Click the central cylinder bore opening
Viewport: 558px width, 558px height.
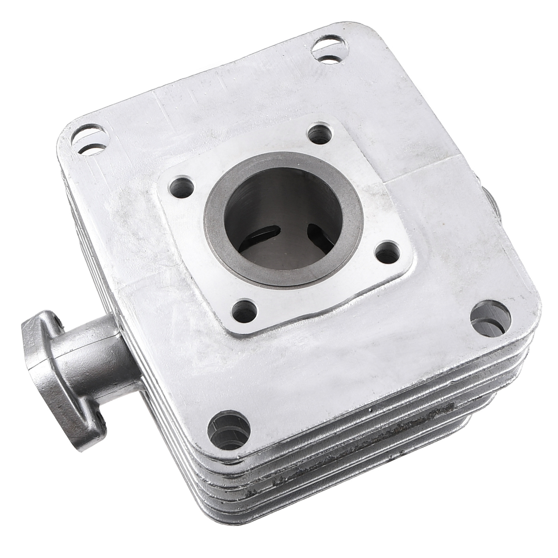point(283,217)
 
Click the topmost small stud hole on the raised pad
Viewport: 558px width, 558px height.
point(320,134)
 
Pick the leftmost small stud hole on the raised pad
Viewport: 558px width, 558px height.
point(181,187)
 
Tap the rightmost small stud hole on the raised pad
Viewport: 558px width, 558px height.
point(387,252)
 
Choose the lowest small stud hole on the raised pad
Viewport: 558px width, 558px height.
point(244,311)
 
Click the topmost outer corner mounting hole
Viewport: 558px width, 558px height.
point(330,50)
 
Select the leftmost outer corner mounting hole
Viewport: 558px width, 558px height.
point(90,139)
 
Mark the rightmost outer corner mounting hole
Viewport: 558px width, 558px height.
point(490,318)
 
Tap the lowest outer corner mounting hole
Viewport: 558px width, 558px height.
point(229,430)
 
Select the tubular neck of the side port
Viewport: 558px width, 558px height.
point(96,357)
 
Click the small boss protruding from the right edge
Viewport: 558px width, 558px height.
point(492,204)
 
